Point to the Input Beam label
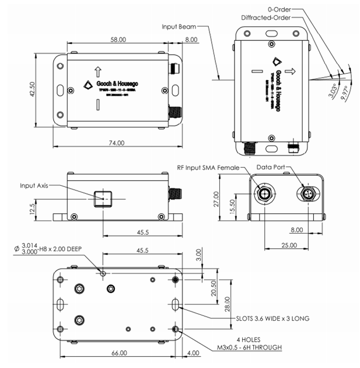tap(179, 26)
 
